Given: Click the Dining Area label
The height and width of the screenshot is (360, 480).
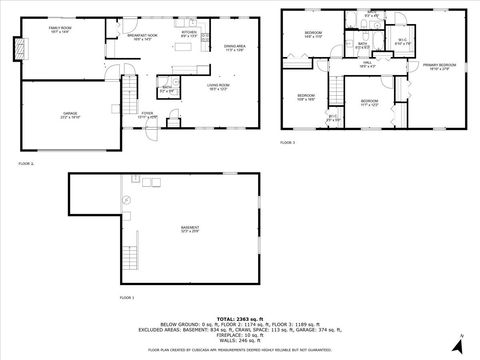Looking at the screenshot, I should [235, 47].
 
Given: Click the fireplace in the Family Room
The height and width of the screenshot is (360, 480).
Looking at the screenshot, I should [16, 47].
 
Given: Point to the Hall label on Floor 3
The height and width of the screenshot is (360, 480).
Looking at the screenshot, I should [368, 63].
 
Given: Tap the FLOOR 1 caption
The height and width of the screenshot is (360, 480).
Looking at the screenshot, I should [127, 298].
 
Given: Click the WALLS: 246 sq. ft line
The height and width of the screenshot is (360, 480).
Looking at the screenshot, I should [240, 341].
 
